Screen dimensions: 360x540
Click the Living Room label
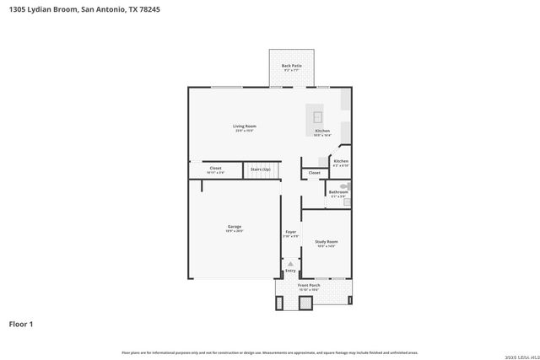(245, 126)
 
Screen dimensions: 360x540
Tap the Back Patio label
(291, 65)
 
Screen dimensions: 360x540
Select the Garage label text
(234, 226)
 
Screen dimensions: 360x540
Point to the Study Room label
(326, 241)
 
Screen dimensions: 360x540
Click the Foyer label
(290, 231)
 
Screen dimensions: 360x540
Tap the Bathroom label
(338, 191)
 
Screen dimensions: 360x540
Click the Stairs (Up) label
(261, 169)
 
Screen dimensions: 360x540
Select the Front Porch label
(309, 285)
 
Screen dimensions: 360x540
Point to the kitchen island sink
(318, 116)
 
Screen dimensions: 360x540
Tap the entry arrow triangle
(290, 264)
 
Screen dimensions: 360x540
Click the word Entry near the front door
(290, 271)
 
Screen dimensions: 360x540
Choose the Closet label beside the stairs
(215, 168)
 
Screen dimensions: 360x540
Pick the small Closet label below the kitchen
(314, 173)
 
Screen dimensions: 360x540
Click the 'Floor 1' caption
(20, 323)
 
